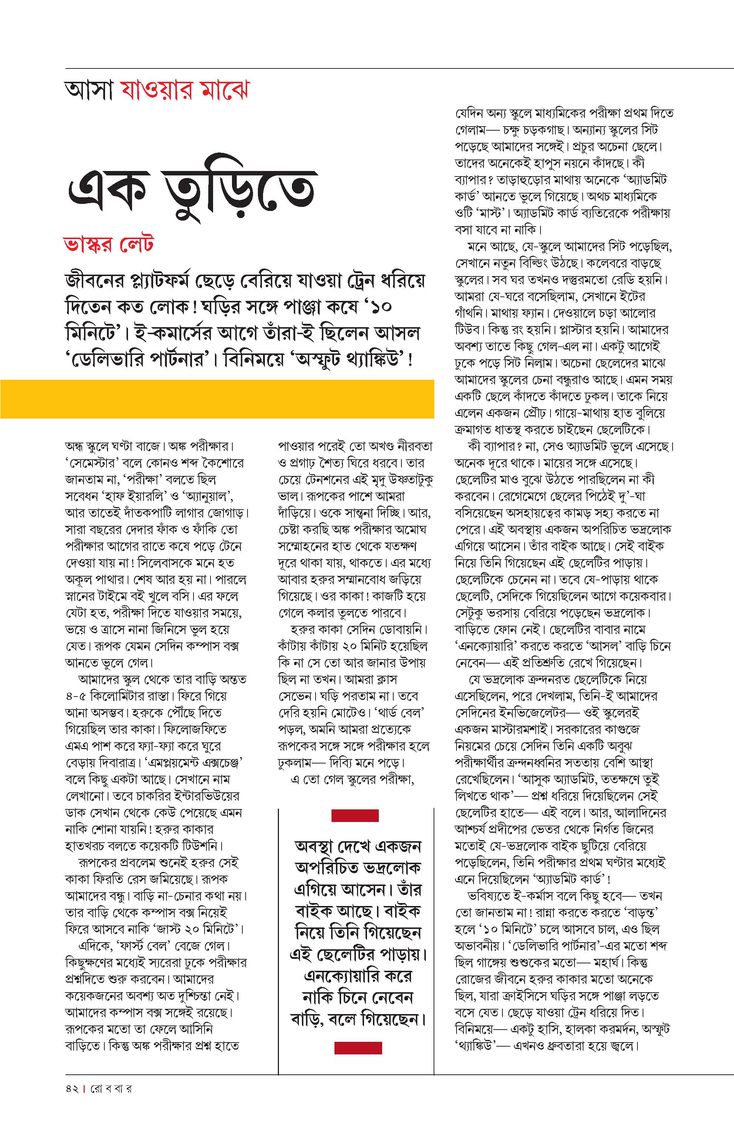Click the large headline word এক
(x=106, y=191)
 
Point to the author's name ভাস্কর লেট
(x=109, y=244)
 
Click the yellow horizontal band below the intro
(x=217, y=399)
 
